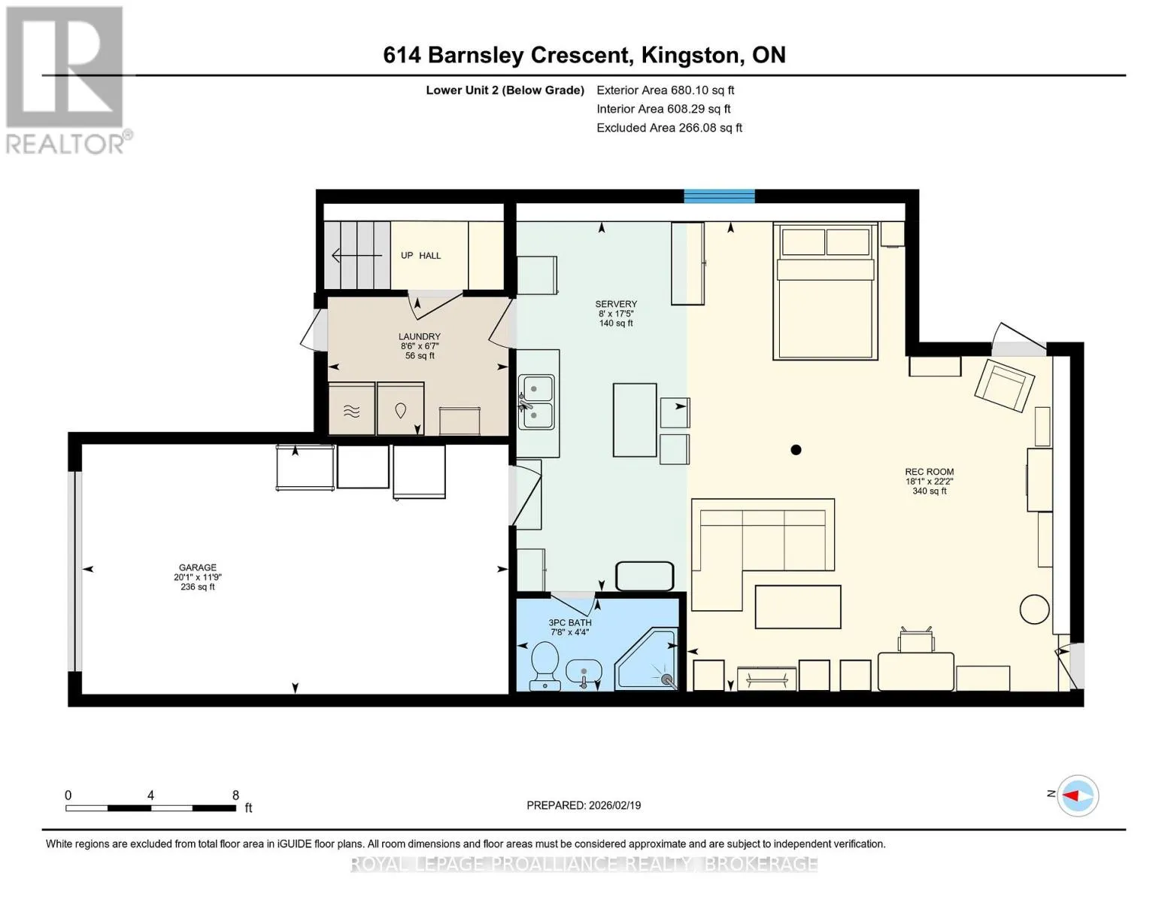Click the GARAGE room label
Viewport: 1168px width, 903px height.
click(x=198, y=567)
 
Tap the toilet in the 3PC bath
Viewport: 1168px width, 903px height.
click(x=545, y=667)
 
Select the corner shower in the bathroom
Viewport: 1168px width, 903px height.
click(x=647, y=659)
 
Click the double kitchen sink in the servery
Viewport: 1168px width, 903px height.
click(x=536, y=402)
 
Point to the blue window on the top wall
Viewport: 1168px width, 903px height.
click(x=719, y=196)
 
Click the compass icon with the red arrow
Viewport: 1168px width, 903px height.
click(x=1078, y=795)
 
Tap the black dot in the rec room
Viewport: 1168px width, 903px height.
click(x=796, y=449)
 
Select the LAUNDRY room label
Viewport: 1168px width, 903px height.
click(x=419, y=336)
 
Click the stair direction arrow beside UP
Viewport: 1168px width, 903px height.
click(x=357, y=255)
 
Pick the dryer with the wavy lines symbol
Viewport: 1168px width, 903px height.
click(x=351, y=409)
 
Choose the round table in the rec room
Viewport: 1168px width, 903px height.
click(x=1035, y=610)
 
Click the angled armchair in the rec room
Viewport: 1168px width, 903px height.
click(x=1005, y=385)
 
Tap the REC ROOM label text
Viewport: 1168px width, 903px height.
click(x=930, y=472)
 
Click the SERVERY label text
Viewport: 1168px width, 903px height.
click(x=616, y=304)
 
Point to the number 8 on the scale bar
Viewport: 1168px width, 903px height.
click(x=235, y=795)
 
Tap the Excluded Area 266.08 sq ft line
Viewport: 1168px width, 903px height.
click(x=669, y=128)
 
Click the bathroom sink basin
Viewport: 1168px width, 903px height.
click(x=584, y=672)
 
